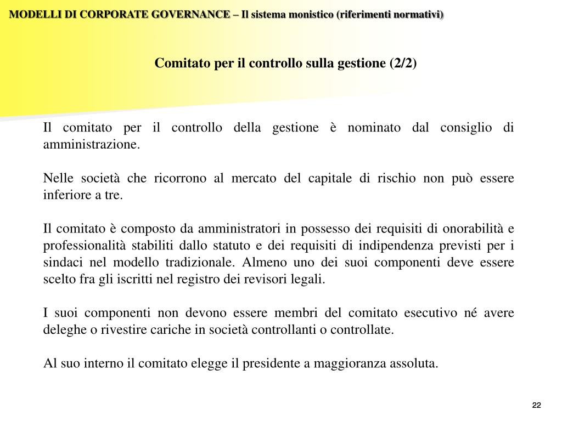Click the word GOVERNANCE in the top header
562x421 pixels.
192,15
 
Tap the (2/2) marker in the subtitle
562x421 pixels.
403,64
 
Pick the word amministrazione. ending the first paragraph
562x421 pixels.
92,145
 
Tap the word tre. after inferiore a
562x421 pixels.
114,196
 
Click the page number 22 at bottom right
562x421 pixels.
536,405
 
